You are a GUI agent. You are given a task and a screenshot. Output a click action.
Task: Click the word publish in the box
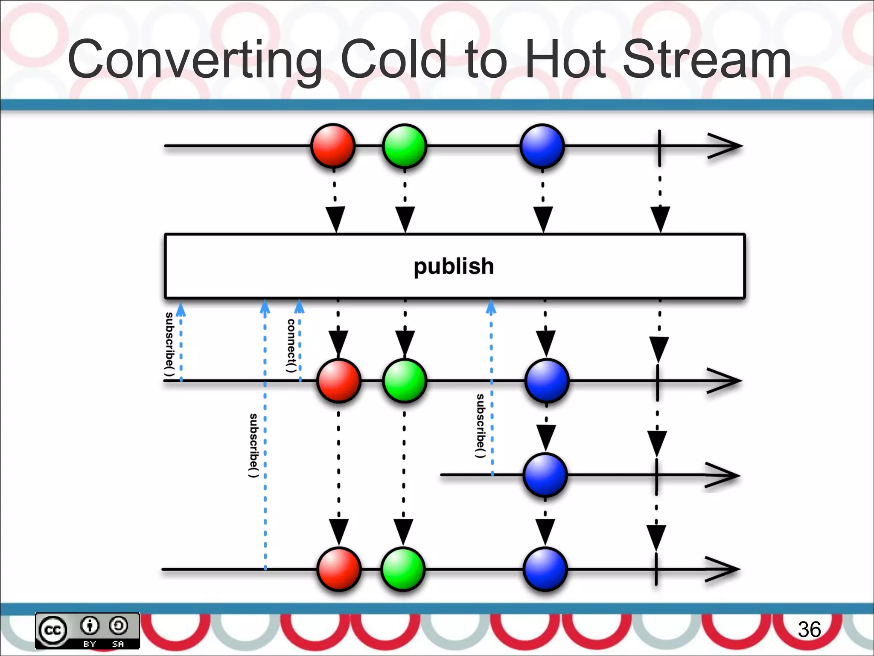(454, 266)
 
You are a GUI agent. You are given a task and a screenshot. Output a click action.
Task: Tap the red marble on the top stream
(333, 146)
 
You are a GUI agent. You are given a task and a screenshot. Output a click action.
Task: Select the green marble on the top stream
(404, 146)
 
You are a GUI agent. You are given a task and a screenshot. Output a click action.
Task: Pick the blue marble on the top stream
(542, 146)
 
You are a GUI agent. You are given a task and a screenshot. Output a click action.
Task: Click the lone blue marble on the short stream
(545, 475)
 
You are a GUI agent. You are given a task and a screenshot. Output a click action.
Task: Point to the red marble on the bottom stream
(339, 569)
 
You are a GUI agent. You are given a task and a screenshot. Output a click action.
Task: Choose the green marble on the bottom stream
(402, 569)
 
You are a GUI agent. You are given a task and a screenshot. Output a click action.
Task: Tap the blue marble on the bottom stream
(545, 569)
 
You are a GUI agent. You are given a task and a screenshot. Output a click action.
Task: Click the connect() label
(291, 346)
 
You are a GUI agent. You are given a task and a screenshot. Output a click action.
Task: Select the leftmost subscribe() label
(170, 344)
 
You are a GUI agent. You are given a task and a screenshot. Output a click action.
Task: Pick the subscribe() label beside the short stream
(481, 426)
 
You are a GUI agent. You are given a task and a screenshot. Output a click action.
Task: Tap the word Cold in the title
(393, 59)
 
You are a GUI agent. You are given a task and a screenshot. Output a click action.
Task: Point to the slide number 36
(809, 630)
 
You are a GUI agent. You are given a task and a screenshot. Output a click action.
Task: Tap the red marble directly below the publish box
(339, 381)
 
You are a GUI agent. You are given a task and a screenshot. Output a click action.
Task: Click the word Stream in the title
(706, 59)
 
